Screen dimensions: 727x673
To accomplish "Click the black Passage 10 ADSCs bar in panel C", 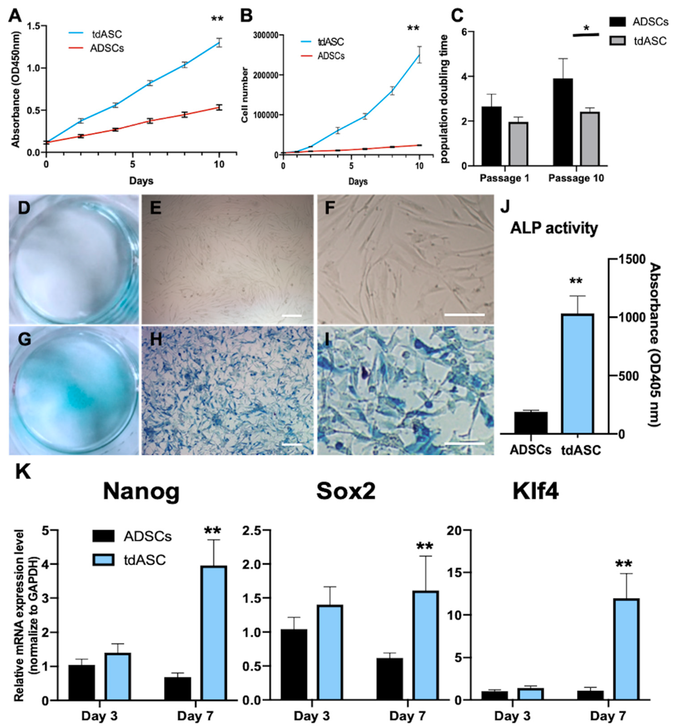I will click(563, 122).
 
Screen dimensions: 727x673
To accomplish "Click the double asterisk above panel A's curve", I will click(217, 19).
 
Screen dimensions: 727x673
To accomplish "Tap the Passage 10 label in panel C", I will click(576, 178).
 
